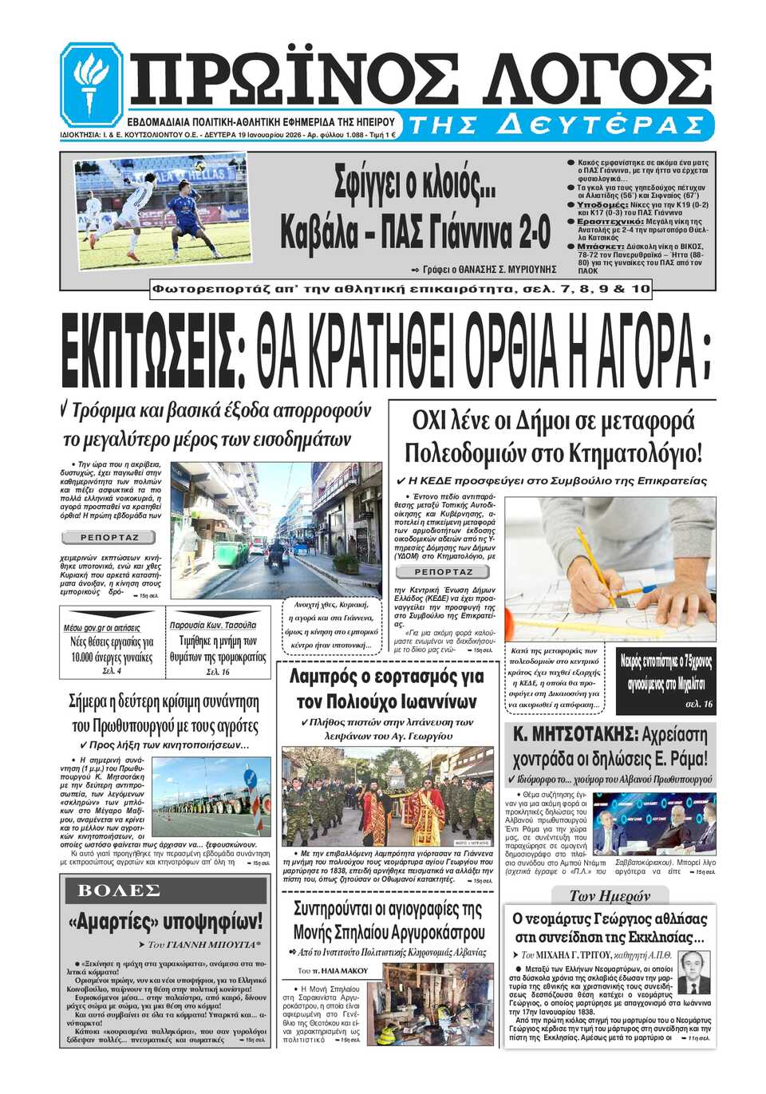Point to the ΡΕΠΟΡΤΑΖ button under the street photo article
(109, 538)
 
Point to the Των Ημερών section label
(610, 895)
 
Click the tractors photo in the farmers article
(211, 794)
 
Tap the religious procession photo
(388, 796)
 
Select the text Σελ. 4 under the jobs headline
(112, 671)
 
